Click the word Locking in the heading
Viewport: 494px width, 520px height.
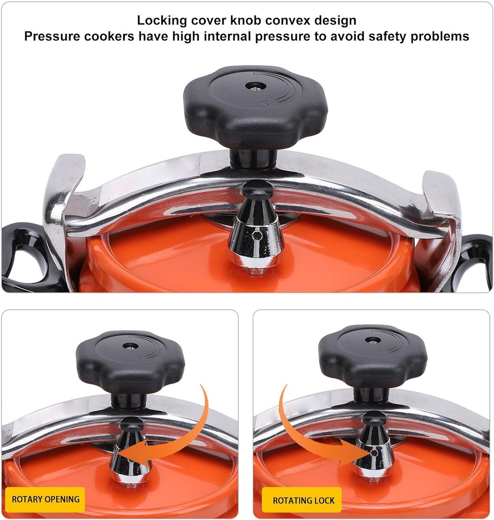(162, 21)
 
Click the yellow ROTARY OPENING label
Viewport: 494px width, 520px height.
(45, 499)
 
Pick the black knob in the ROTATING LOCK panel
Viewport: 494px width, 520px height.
(373, 357)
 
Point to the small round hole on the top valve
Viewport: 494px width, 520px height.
(257, 234)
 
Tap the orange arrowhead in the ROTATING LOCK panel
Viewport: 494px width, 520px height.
(355, 452)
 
